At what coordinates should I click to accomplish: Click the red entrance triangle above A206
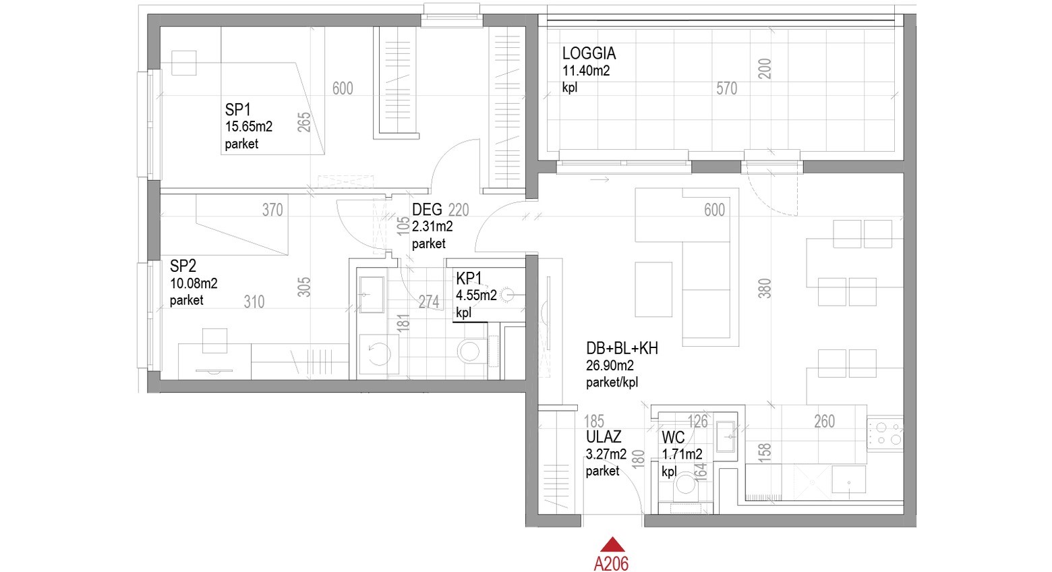pos(612,545)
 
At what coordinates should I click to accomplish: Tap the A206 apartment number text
pos(611,563)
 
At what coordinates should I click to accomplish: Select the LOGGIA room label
pos(589,53)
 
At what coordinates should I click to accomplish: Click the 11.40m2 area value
pos(586,71)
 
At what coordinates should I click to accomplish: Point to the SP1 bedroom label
pos(237,110)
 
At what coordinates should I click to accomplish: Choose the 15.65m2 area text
pos(249,127)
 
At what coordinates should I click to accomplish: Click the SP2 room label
pos(183,266)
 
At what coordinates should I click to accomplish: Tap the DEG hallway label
pos(427,210)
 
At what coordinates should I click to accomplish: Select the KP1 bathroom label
pos(469,279)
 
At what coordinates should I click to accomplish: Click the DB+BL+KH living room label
pos(622,349)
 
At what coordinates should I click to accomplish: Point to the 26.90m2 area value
pos(610,366)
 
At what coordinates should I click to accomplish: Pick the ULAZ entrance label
pos(604,437)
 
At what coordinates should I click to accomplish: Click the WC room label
pos(673,438)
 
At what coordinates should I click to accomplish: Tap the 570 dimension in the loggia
pos(726,88)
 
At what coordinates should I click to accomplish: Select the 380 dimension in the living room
pos(765,288)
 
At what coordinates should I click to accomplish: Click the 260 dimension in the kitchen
pos(824,422)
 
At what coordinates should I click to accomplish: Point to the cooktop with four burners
pos(885,434)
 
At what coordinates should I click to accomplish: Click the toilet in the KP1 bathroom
pos(469,350)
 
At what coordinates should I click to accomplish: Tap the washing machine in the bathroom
pos(378,354)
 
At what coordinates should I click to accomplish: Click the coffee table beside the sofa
pos(653,289)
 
